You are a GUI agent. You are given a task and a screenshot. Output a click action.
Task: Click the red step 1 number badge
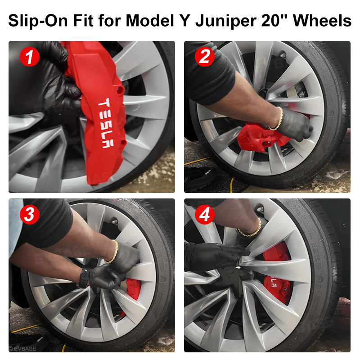click(29, 57)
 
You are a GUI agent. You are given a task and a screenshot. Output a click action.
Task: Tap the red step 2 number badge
click(204, 57)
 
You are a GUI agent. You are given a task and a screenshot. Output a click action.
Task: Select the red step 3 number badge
click(29, 215)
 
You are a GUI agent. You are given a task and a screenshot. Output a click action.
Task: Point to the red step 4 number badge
click(204, 215)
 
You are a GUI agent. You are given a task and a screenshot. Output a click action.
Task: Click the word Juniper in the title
click(233, 20)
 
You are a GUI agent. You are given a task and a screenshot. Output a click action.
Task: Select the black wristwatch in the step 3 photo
click(83, 278)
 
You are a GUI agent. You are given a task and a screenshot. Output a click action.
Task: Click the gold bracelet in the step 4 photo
click(250, 229)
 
